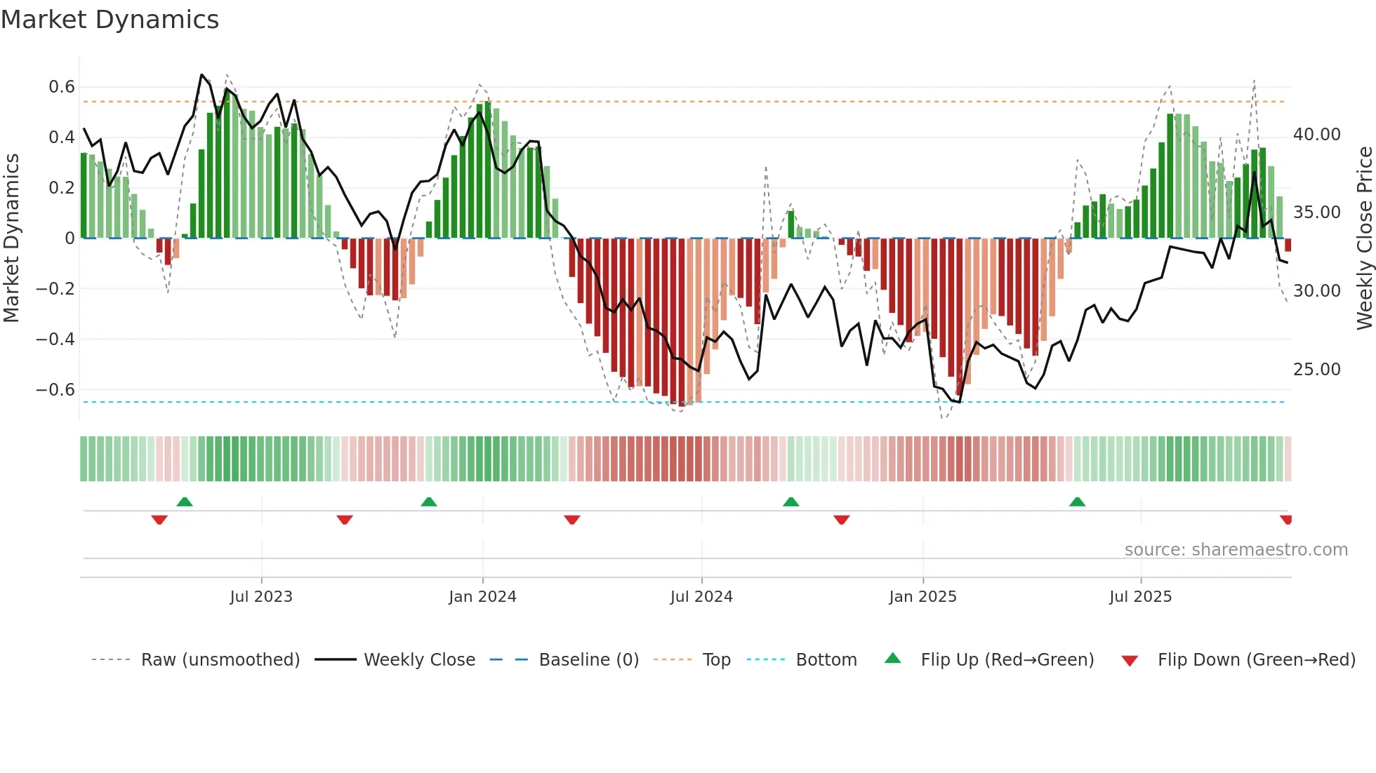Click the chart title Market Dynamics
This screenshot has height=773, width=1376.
click(110, 20)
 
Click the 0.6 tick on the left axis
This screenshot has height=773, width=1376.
click(61, 87)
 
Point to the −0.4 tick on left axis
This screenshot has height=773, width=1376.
click(55, 340)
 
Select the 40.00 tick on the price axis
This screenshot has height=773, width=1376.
click(1316, 135)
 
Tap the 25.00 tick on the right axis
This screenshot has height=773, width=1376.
click(1316, 370)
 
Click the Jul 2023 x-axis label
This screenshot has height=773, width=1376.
click(261, 597)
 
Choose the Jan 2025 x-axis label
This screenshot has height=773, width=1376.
click(922, 597)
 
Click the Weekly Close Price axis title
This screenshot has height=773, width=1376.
click(1364, 238)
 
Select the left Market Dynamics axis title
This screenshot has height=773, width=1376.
click(11, 238)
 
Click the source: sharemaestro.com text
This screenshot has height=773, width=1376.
click(1236, 550)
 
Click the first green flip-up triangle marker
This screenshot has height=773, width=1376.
click(185, 502)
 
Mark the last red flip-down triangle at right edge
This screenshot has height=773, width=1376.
click(1286, 520)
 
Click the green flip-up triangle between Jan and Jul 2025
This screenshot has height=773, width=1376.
click(1077, 502)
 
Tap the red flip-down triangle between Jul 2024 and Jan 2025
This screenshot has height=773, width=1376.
click(842, 520)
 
